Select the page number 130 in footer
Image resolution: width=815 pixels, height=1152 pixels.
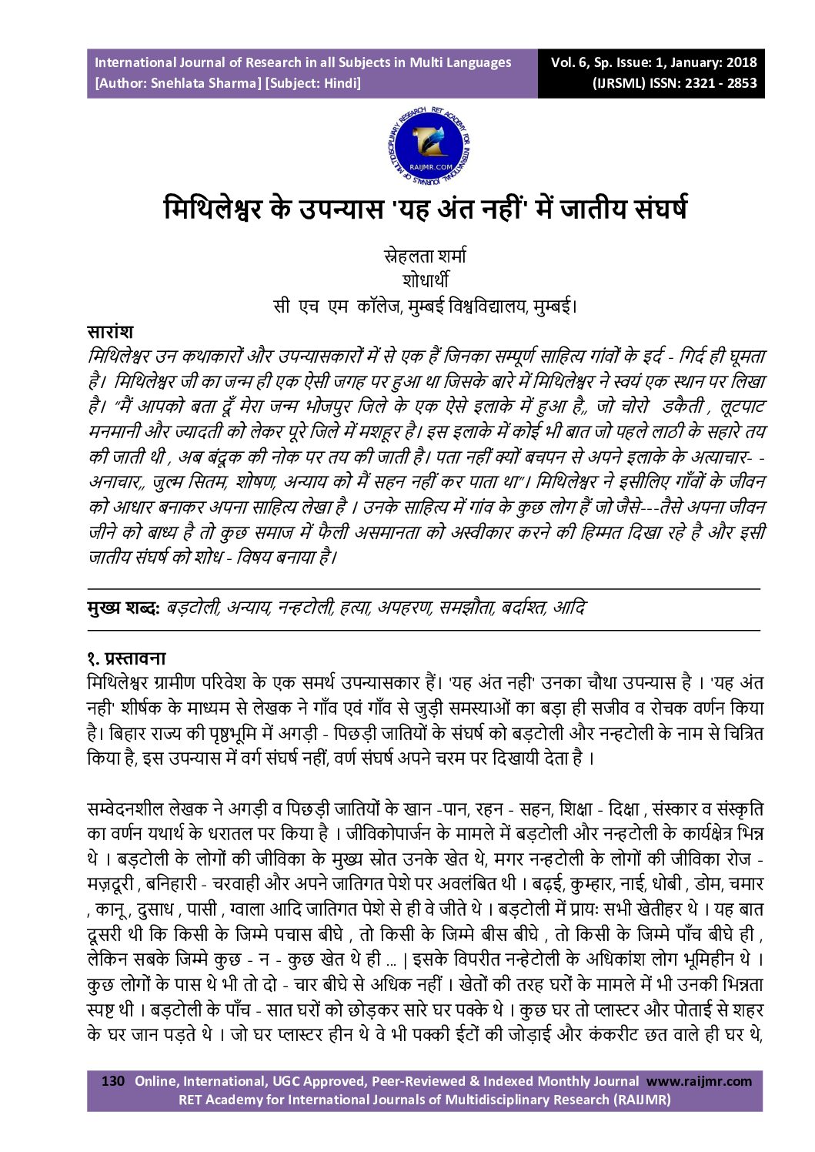pos(112,1081)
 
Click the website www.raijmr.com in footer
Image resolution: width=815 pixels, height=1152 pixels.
pos(699,1081)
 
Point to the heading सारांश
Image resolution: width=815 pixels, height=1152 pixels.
pos(110,332)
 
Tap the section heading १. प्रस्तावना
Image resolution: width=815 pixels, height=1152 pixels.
pos(126,658)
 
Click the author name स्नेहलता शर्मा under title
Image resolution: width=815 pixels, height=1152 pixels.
pos(425,256)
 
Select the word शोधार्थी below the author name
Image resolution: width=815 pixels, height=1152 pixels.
pos(425,280)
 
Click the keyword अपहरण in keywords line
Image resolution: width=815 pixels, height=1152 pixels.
pos(405,608)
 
